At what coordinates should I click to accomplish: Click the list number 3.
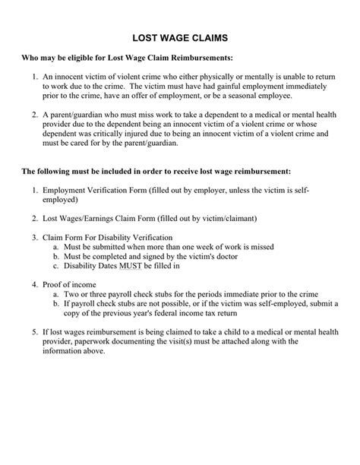[35, 237]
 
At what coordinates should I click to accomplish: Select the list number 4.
[35, 284]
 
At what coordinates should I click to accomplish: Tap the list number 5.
[35, 332]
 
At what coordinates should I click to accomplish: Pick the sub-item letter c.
[55, 266]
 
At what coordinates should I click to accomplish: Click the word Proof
[53, 284]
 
